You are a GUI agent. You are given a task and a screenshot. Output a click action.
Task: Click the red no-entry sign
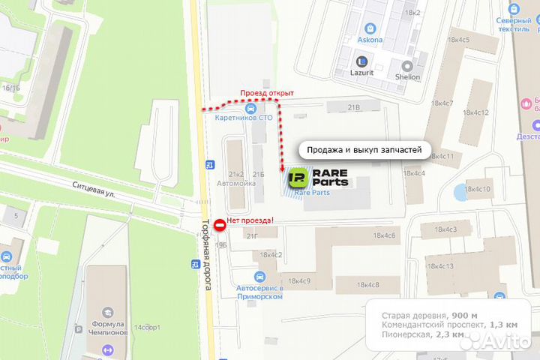point(220,224)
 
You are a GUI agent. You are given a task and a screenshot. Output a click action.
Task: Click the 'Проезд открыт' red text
point(266,93)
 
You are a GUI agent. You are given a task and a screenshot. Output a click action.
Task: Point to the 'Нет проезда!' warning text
point(250,220)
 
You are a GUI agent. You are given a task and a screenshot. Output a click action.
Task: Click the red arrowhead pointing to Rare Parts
point(281,170)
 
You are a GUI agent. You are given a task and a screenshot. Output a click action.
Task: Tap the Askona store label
point(370,40)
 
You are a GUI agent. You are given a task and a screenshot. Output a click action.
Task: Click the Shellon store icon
point(408,65)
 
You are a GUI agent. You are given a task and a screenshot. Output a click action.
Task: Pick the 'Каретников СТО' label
point(244,118)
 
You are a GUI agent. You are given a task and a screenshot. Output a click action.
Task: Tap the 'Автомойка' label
point(231,182)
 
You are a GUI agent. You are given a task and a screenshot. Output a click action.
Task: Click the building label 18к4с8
point(367,284)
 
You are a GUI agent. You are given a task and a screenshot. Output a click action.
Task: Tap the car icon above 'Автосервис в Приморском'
point(259,276)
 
